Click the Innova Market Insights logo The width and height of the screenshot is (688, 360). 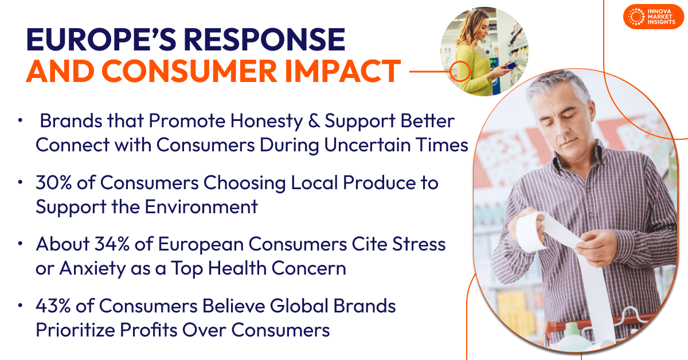[x=653, y=17]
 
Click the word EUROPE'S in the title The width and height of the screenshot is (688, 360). [x=101, y=40]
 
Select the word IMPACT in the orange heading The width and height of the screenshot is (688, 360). [x=342, y=71]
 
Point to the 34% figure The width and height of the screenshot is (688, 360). [x=112, y=244]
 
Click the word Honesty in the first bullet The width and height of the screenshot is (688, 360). [x=267, y=122]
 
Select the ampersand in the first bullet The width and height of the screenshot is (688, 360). [x=314, y=121]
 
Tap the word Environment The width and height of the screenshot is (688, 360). [x=201, y=206]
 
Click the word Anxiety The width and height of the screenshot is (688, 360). [x=92, y=269]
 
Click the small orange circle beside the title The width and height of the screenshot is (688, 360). [x=460, y=71]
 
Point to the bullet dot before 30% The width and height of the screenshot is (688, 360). [x=20, y=182]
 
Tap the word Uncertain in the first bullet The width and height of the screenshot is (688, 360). [x=368, y=144]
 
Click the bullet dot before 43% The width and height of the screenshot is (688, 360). [x=20, y=306]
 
